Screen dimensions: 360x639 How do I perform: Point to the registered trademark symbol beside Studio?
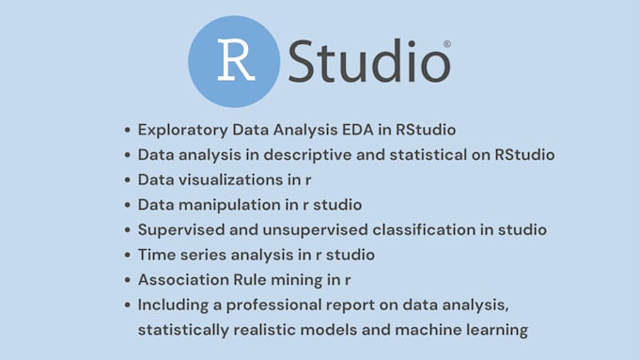click(446, 43)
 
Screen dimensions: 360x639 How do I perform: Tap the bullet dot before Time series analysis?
click(127, 255)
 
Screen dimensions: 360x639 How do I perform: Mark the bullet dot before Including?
click(127, 305)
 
